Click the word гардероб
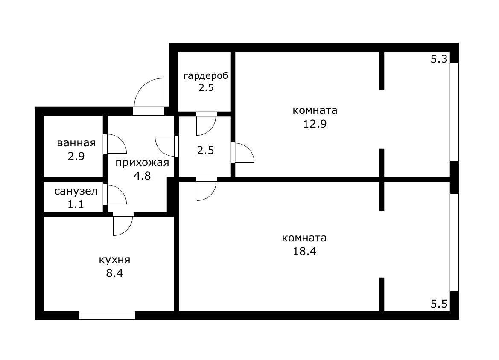click(x=206, y=76)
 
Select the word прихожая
click(x=142, y=163)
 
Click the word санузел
click(x=76, y=191)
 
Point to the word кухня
click(x=114, y=260)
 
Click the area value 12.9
click(x=315, y=124)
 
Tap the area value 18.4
click(x=304, y=251)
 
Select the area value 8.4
click(x=114, y=273)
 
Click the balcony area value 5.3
click(x=439, y=59)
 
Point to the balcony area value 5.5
click(x=439, y=304)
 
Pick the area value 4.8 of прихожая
click(x=142, y=176)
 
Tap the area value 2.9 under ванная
click(x=76, y=156)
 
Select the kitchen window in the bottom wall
click(x=107, y=316)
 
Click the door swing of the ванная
click(x=115, y=144)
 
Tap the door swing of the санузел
click(x=116, y=195)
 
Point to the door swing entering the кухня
click(x=123, y=225)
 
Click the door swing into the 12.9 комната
click(x=243, y=153)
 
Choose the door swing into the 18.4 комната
click(x=206, y=190)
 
